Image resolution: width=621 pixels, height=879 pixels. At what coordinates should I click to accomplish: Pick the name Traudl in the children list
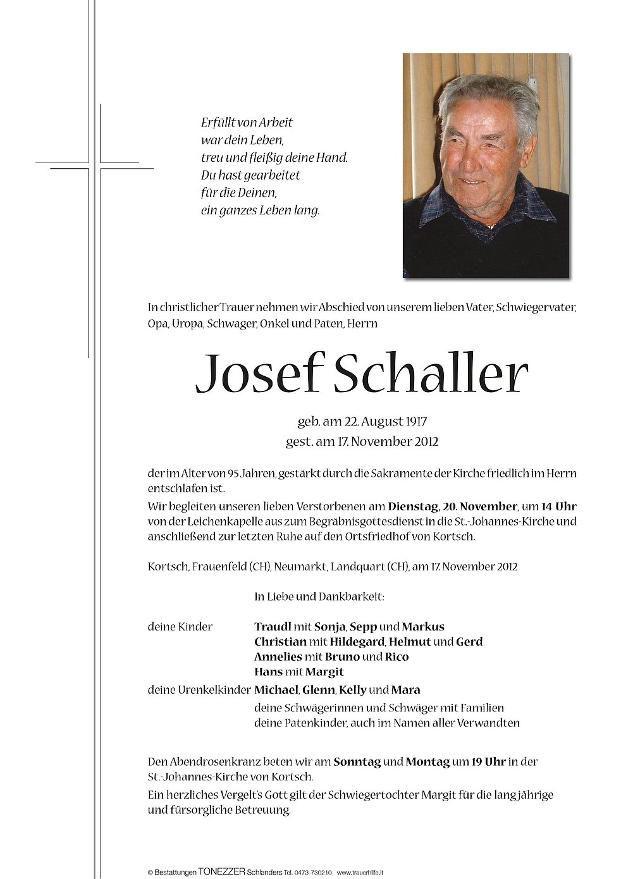coord(273,627)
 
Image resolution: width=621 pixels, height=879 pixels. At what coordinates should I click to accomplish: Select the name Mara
coord(405,689)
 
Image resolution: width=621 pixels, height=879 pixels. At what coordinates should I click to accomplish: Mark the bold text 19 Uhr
coord(488,762)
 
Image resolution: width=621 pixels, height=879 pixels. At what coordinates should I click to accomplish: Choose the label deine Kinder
coord(180,627)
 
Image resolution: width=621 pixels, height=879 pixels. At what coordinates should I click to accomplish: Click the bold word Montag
coord(427,762)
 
